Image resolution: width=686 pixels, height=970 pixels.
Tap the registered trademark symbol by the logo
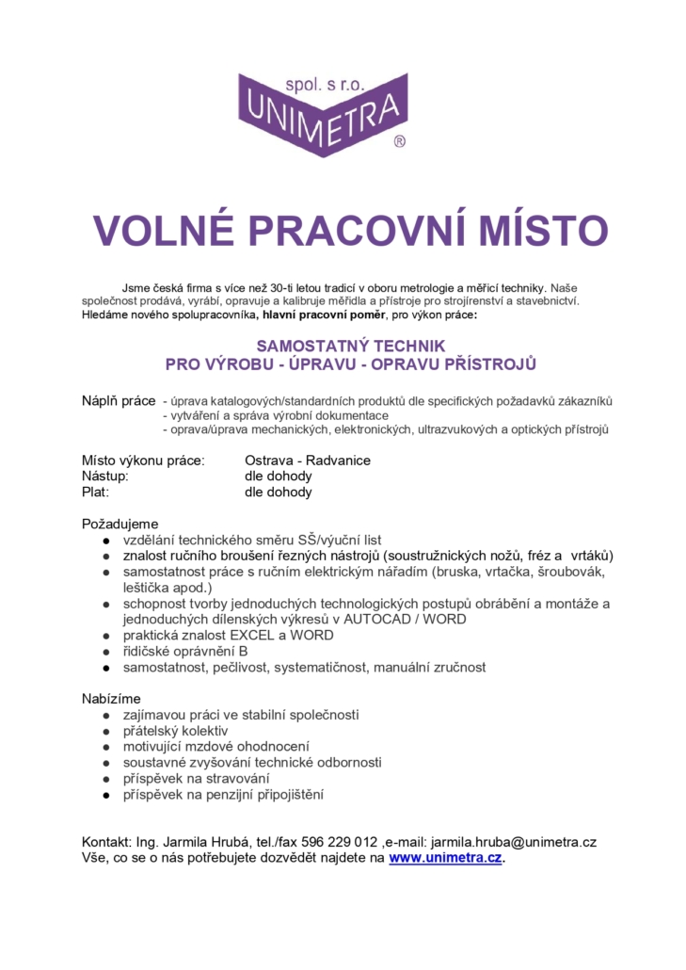pyautogui.click(x=400, y=141)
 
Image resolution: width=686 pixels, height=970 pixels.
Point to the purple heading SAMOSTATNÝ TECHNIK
pyautogui.click(x=350, y=346)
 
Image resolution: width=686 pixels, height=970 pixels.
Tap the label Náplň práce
pyautogui.click(x=119, y=401)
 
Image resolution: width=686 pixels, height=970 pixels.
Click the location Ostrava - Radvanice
pyautogui.click(x=308, y=461)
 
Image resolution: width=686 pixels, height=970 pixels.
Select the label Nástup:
pyautogui.click(x=104, y=477)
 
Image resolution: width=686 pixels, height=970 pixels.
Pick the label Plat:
pyautogui.click(x=96, y=492)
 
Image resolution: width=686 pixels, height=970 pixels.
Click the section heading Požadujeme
pyautogui.click(x=120, y=524)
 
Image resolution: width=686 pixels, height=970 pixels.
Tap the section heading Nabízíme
pyautogui.click(x=112, y=699)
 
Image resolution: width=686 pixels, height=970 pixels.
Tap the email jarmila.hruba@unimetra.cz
pyautogui.click(x=514, y=842)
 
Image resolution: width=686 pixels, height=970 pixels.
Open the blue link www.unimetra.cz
pyautogui.click(x=445, y=858)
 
